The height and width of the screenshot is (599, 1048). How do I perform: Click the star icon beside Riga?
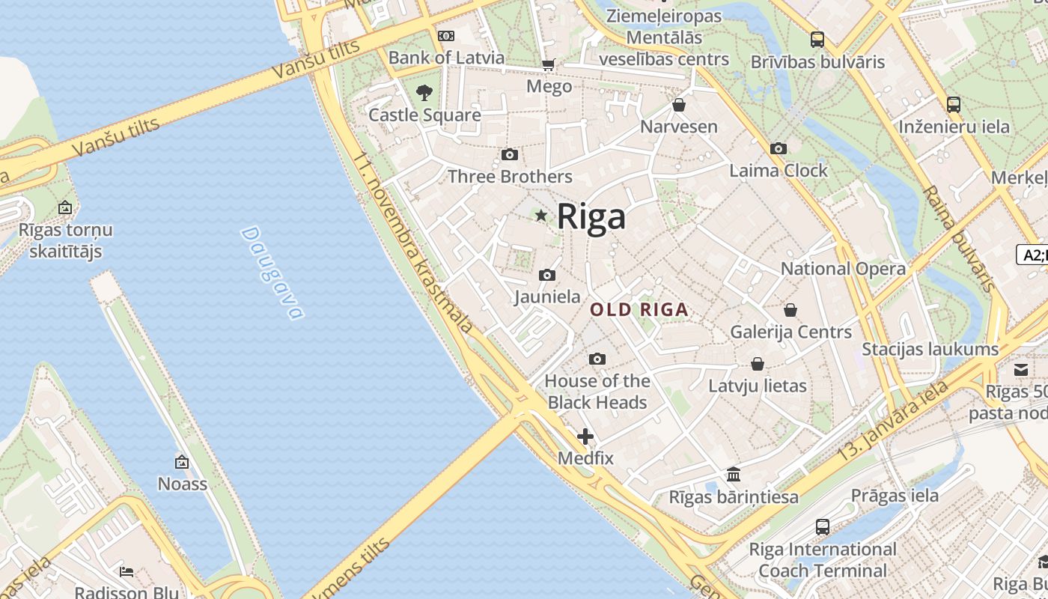coord(541,216)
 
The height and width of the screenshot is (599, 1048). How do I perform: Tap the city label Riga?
coord(591,217)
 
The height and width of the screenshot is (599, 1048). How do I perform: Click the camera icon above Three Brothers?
coord(510,155)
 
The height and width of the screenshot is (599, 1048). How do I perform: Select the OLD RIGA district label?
coord(639,309)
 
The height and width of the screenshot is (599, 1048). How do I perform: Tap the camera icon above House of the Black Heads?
coord(597,359)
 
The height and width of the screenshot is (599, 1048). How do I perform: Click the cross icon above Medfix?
coord(585,437)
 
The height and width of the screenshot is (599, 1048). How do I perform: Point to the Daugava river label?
coord(273,273)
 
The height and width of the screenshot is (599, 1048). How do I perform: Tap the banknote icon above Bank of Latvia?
coord(446,36)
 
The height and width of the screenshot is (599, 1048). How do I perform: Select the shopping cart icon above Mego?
coord(549,65)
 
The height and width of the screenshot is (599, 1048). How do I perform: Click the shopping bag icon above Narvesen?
coord(679,106)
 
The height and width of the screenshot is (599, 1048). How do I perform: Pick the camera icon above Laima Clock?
coord(779,149)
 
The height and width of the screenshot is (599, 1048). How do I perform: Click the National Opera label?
coord(843,269)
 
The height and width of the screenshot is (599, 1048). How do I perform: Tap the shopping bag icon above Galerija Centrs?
coord(790,310)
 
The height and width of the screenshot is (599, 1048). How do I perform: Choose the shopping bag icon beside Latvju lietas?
coord(758,365)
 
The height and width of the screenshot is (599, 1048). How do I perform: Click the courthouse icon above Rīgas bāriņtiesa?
coord(734,475)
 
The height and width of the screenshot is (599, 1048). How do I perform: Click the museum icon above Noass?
coord(182,462)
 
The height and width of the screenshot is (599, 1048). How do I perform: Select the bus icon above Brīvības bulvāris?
coord(817,40)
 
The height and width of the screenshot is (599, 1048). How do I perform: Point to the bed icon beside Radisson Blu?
coord(127,573)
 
